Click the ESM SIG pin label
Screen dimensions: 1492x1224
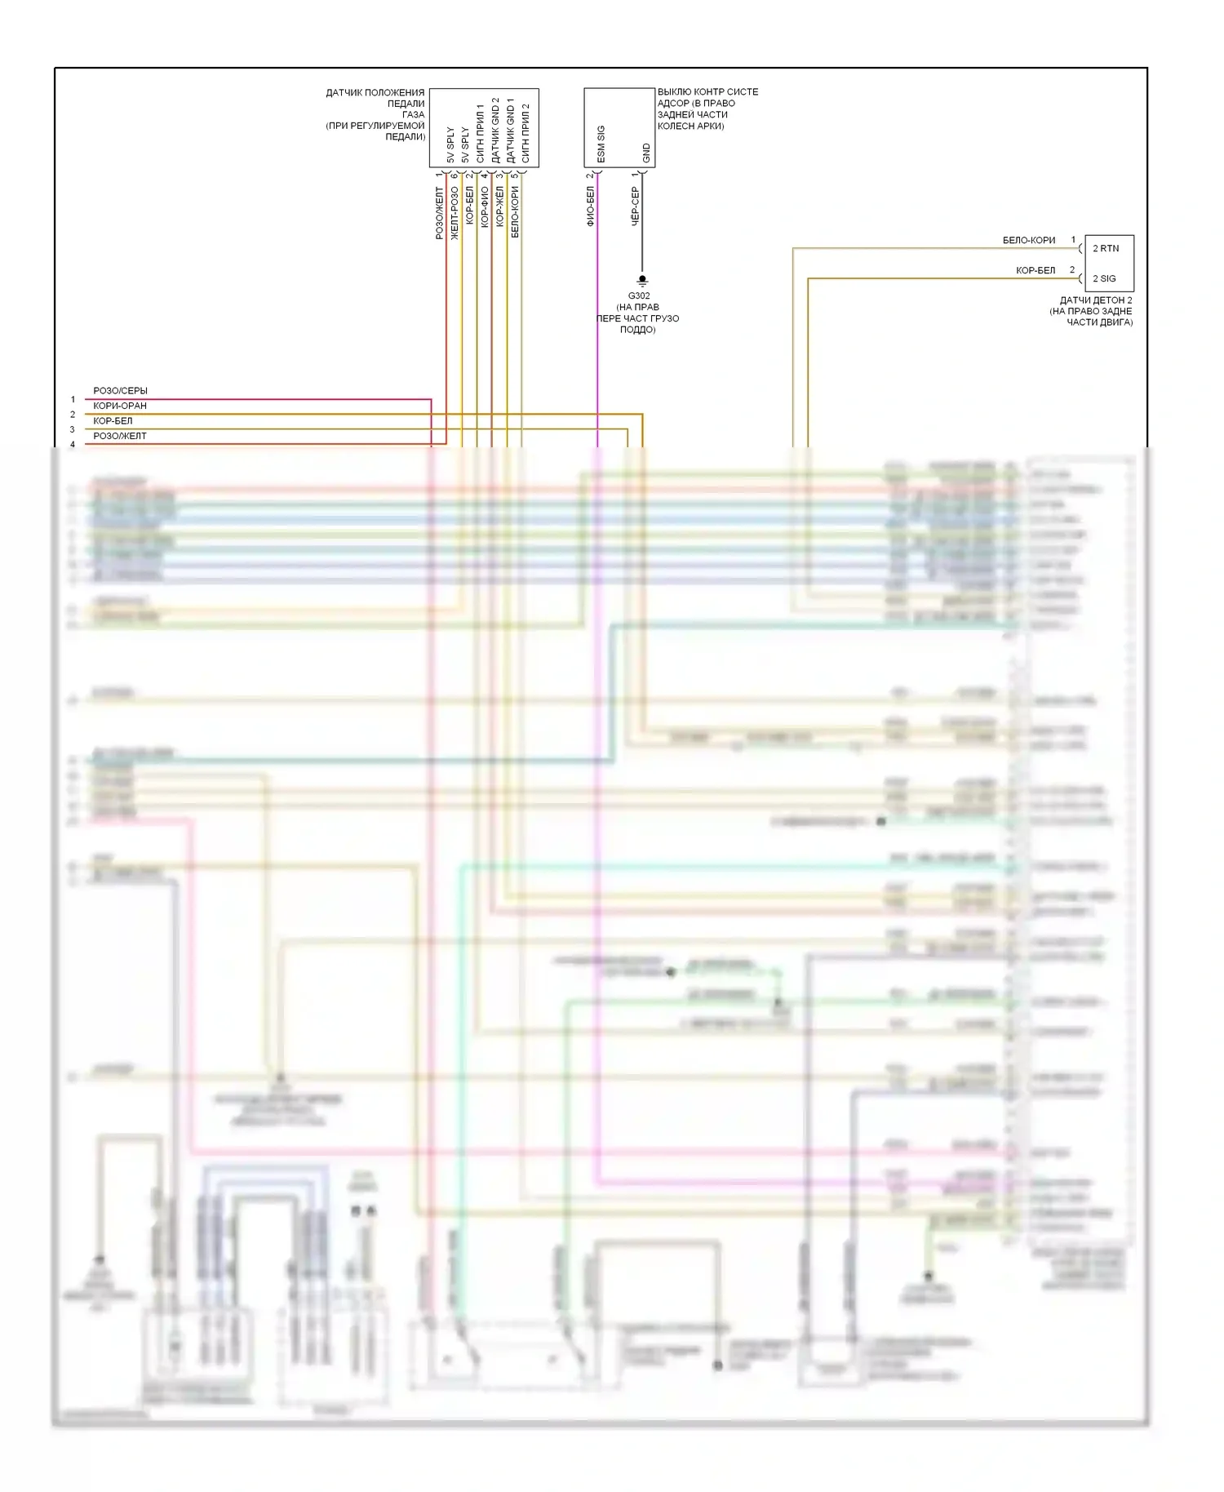[x=601, y=144]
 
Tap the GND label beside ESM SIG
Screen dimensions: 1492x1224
[x=646, y=153]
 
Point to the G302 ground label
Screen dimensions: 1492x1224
[x=639, y=295]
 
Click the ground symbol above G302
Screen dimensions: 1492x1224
[x=642, y=281]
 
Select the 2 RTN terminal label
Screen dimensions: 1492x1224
[x=1106, y=248]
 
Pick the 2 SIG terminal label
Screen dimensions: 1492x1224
[x=1104, y=278]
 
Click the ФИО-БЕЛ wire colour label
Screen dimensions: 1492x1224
[x=590, y=206]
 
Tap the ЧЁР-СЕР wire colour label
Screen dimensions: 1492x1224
[x=635, y=206]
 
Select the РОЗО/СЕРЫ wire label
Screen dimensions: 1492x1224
[x=120, y=391]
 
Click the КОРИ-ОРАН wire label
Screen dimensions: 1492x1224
[x=120, y=406]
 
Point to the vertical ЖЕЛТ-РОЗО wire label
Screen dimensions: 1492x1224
[x=455, y=213]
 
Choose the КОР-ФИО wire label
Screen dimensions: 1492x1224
[x=484, y=206]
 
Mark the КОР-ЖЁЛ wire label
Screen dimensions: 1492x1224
[x=499, y=206]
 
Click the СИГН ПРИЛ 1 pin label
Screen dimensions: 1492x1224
[x=480, y=133]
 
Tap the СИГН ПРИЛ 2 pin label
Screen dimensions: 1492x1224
[x=526, y=133]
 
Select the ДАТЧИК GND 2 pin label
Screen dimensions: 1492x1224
[x=495, y=131]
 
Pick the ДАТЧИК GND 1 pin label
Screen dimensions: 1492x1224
[x=510, y=131]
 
